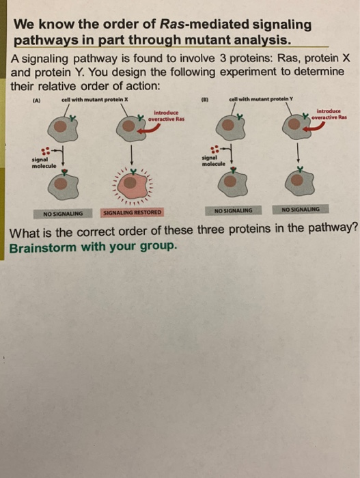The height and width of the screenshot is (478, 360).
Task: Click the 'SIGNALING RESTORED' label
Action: (x=132, y=212)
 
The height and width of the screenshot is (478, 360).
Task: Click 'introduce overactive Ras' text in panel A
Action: (x=167, y=116)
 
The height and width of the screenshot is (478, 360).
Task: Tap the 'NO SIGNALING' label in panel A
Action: (x=63, y=213)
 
